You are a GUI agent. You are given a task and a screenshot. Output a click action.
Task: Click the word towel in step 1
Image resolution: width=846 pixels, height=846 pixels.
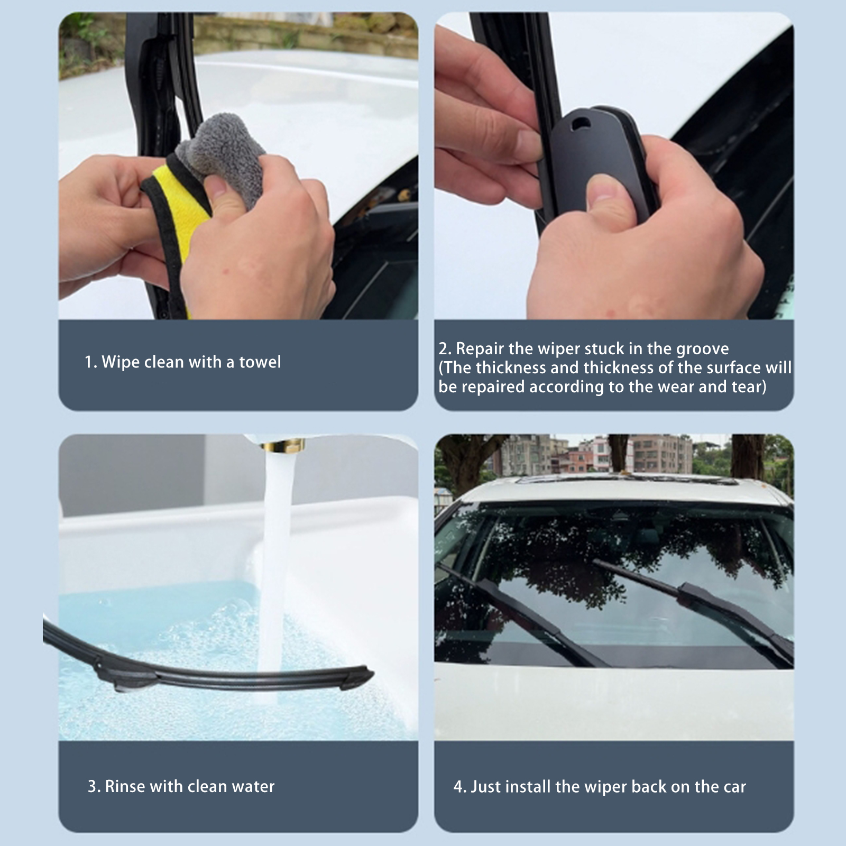point(260,362)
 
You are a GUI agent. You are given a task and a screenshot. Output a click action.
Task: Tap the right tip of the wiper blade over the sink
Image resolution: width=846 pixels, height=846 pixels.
point(372,675)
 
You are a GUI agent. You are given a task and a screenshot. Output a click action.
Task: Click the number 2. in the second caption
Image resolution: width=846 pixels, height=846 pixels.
point(445,349)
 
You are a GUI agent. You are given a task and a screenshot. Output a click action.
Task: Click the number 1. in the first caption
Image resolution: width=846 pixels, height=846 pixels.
point(90,362)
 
